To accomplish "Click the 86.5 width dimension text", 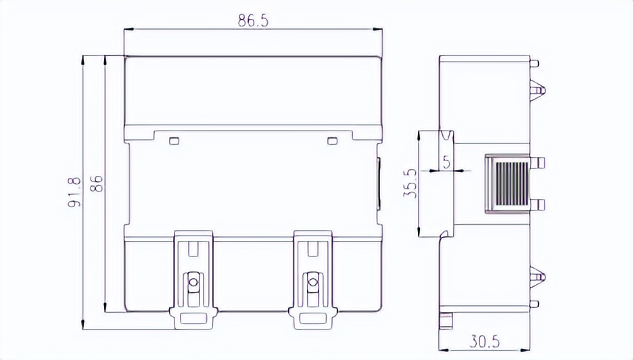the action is pyautogui.click(x=253, y=20).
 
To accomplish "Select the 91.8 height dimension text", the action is pyautogui.click(x=74, y=192).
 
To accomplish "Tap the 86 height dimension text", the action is pyautogui.click(x=97, y=184).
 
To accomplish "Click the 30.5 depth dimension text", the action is pyautogui.click(x=484, y=342).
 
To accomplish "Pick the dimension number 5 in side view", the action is pyautogui.click(x=446, y=162).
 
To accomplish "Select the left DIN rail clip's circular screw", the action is pyautogui.click(x=193, y=282).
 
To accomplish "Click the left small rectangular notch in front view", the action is pyautogui.click(x=174, y=141).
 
